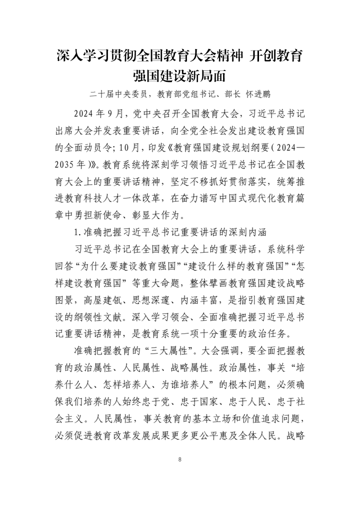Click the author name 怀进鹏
pos(255,93)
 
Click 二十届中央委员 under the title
pos(118,93)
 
